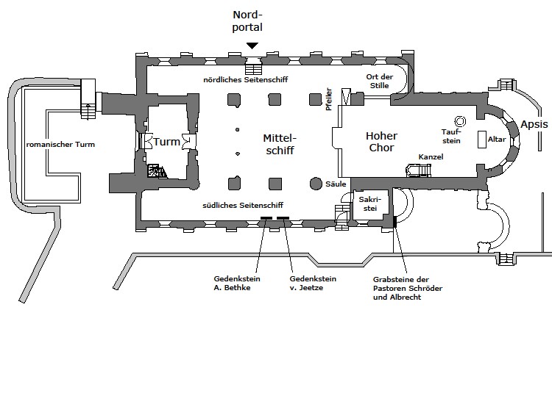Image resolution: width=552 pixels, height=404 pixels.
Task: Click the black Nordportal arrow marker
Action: pyautogui.click(x=252, y=46)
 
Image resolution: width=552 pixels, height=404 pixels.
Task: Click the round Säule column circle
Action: pyautogui.click(x=316, y=184)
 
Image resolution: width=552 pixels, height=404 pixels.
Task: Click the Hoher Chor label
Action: pyautogui.click(x=381, y=142)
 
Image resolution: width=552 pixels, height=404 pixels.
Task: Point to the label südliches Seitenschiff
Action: pyautogui.click(x=243, y=205)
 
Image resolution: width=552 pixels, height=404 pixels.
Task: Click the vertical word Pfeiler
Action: pyautogui.click(x=329, y=100)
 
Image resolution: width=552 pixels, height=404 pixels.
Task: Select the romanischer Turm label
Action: pyautogui.click(x=60, y=145)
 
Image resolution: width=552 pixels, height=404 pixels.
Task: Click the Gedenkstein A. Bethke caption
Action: pyautogui.click(x=233, y=284)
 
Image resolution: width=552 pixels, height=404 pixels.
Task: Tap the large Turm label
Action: pyautogui.click(x=166, y=142)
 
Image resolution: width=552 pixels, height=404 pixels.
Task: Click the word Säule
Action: pyautogui.click(x=335, y=184)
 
